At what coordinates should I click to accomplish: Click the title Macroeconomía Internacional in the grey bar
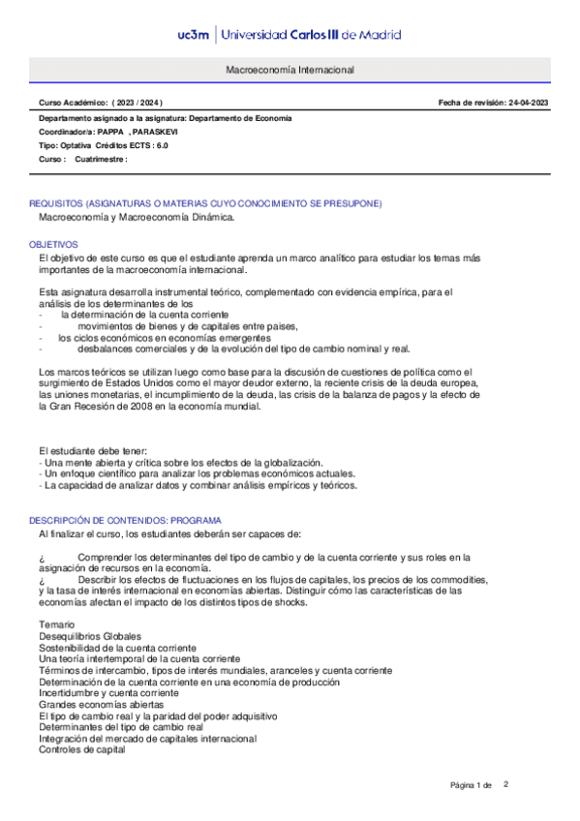coord(290,71)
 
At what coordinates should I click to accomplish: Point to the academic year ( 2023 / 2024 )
coord(137,103)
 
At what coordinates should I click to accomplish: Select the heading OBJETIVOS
coord(53,245)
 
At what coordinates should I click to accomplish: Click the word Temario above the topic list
coord(56,624)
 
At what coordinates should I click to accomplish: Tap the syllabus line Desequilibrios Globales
coord(89,636)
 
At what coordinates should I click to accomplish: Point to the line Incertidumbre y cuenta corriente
coord(108,693)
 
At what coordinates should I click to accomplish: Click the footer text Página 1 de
coord(472,785)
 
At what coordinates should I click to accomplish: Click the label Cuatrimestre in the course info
coord(100,159)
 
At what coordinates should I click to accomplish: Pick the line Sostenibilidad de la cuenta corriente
coord(116,648)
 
